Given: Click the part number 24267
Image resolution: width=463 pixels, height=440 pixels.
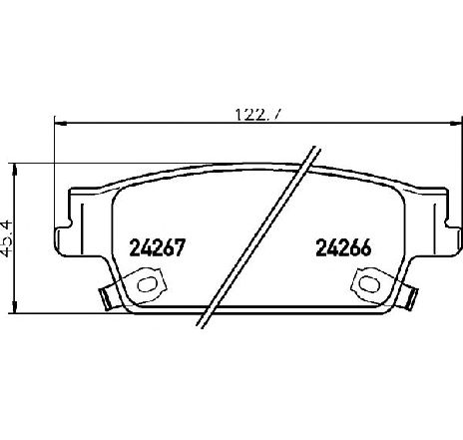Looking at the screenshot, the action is (156, 247).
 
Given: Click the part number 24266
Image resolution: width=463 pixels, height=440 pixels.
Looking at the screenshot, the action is (343, 247).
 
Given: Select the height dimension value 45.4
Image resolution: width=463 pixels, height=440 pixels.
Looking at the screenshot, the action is (7, 237).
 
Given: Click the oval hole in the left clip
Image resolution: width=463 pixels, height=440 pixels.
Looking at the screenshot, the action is (148, 284).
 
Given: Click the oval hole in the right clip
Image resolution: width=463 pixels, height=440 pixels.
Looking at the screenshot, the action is (370, 283).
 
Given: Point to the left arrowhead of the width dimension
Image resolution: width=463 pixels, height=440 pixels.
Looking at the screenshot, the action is (60, 124).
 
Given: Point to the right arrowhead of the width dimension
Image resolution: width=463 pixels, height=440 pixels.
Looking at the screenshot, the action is (456, 124).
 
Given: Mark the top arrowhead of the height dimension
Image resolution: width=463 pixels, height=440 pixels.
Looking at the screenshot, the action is (14, 170).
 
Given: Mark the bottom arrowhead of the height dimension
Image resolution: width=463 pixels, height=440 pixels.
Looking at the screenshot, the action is (14, 306).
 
